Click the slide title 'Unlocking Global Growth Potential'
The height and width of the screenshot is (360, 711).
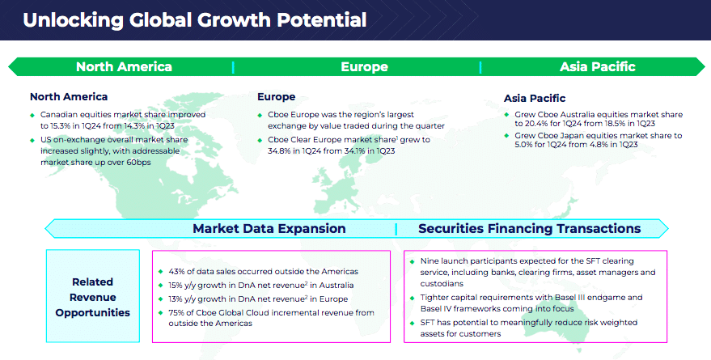[194, 20]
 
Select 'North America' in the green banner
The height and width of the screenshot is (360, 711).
[124, 66]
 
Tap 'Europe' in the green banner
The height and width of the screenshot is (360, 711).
[364, 66]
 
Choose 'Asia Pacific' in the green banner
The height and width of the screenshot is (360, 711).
[597, 66]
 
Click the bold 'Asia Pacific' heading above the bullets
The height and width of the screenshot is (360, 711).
[535, 98]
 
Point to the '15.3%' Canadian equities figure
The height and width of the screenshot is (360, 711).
[59, 126]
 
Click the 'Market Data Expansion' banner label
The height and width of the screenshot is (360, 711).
[269, 228]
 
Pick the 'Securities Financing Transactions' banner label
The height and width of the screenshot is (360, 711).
[529, 228]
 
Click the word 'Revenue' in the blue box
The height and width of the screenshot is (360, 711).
[92, 298]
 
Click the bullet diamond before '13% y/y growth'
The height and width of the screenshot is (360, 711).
[160, 299]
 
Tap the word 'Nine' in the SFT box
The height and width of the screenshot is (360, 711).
[429, 261]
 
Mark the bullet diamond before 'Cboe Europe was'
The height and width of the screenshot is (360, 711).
[260, 116]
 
